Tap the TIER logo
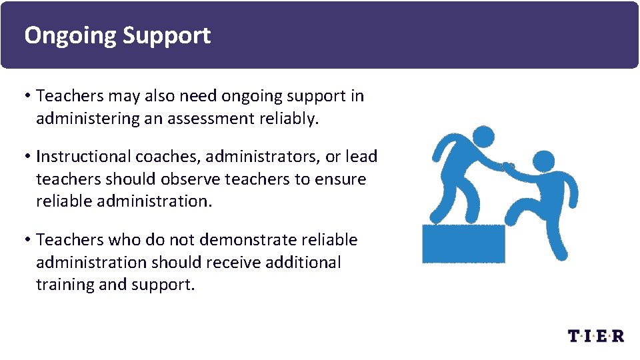(596, 335)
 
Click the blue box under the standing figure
(463, 243)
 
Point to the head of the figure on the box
(484, 137)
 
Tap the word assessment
(212, 119)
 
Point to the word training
(65, 285)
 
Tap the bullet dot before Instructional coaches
(29, 157)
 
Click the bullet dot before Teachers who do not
(29, 240)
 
